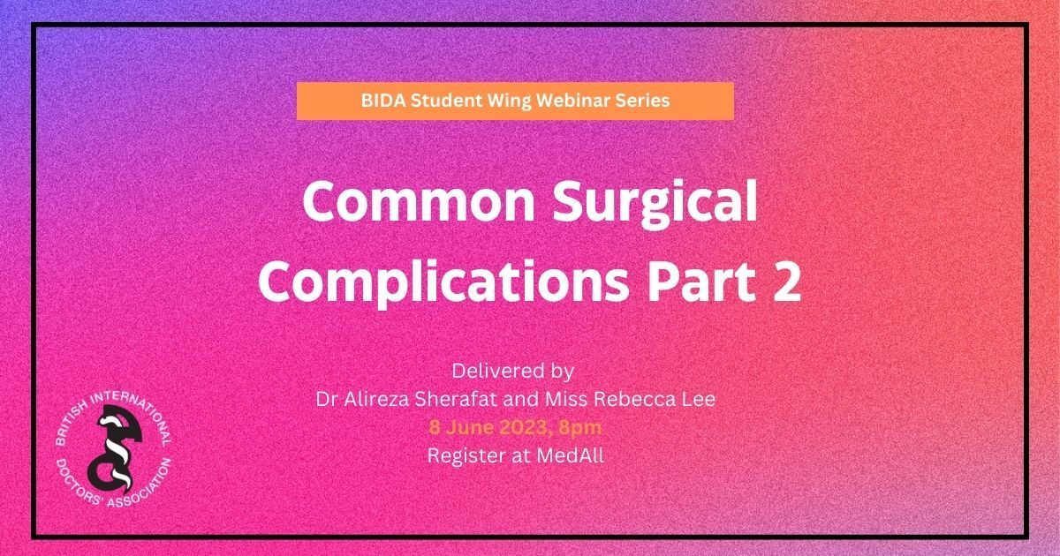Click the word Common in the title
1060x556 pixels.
tap(420, 201)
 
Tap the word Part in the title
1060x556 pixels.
tap(701, 282)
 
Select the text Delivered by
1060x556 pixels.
tap(513, 372)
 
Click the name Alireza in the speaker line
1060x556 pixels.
tap(376, 400)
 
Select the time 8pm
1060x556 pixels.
tap(579, 429)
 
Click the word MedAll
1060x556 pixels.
tap(571, 455)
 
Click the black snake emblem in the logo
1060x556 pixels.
tap(115, 449)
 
